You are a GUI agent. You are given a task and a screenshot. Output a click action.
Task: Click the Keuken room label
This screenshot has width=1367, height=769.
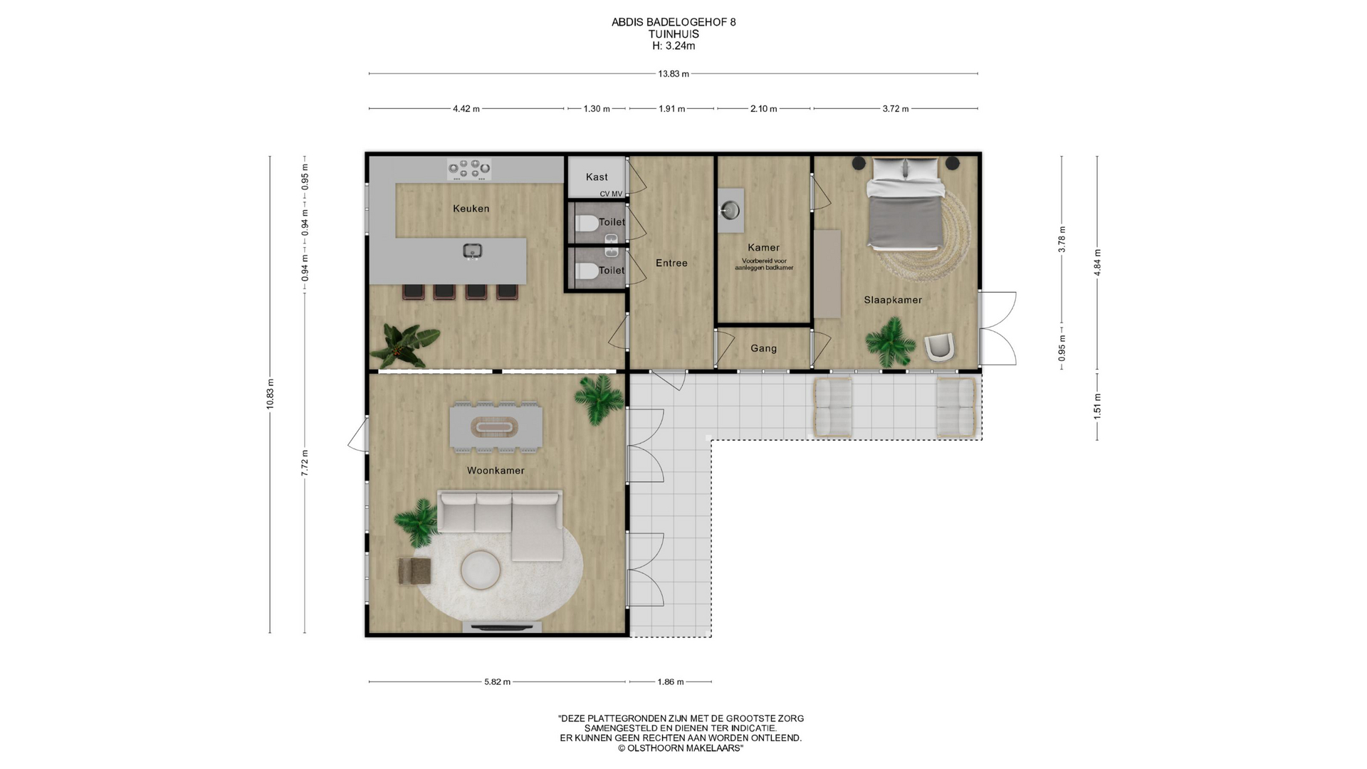471,209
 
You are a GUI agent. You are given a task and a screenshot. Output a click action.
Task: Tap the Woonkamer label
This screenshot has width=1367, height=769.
496,471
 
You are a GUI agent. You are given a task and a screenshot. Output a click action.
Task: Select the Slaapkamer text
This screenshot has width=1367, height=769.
893,300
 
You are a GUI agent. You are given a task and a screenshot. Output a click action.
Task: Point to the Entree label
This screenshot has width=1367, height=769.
671,263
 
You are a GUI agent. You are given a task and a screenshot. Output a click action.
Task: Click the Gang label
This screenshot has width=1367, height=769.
763,348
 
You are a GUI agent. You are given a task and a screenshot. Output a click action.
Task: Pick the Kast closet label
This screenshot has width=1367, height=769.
597,177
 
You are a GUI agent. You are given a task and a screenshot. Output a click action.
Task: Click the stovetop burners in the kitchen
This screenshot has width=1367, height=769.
469,169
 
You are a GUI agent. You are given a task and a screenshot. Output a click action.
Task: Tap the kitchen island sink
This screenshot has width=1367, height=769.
473,251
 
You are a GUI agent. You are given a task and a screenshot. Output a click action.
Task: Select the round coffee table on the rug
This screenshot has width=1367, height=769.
482,570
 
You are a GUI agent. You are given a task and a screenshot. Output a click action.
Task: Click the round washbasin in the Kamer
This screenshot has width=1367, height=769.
730,210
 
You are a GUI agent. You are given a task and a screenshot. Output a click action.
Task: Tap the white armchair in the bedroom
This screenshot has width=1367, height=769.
940,347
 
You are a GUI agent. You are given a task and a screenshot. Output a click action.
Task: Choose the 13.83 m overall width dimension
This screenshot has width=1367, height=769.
674,73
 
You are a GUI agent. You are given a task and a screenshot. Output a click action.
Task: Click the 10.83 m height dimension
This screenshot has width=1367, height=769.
270,394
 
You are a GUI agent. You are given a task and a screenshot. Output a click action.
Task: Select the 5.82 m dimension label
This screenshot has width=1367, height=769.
497,681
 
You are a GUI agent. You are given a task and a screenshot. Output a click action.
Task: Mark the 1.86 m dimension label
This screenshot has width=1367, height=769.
670,681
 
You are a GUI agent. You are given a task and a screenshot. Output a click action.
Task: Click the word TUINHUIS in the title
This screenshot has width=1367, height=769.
674,33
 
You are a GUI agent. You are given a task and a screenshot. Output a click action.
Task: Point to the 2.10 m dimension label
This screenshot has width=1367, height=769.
763,109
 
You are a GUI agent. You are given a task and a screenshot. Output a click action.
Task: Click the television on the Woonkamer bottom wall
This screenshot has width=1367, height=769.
503,627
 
